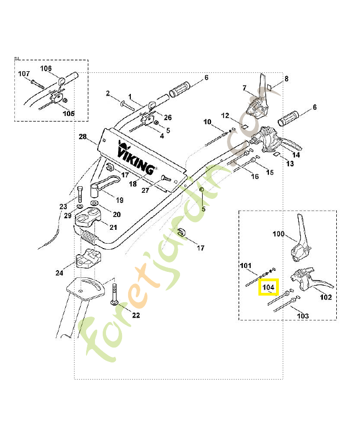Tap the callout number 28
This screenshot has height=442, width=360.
[x=82, y=137]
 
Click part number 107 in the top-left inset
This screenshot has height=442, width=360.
[x=24, y=73]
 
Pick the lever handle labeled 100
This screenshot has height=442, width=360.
[x=300, y=240]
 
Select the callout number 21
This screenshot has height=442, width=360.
[x=113, y=227]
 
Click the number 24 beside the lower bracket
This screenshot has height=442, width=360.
[x=59, y=272]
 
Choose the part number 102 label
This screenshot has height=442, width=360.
[x=326, y=297]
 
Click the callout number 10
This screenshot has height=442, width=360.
[x=207, y=122]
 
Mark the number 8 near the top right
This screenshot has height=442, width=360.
[x=286, y=79]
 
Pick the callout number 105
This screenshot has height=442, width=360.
[x=68, y=113]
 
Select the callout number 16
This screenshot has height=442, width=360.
[x=255, y=177]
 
